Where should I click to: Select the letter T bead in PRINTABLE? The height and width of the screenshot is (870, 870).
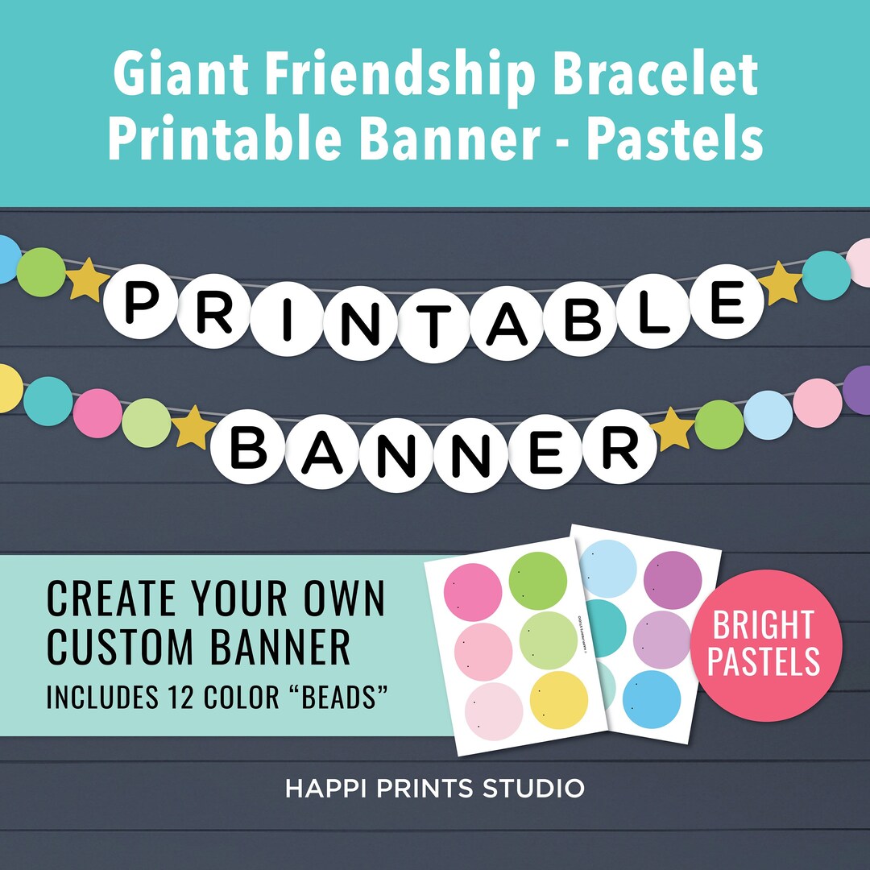tap(435, 328)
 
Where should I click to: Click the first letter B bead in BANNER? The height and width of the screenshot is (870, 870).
tap(248, 449)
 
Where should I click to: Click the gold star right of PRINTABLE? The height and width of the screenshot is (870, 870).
tap(781, 282)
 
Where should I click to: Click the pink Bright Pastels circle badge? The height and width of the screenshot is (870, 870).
tap(766, 646)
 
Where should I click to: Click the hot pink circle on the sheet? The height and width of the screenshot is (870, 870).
tap(474, 592)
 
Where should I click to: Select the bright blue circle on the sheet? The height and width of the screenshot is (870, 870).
tap(652, 699)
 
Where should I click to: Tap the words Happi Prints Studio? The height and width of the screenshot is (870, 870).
tap(435, 788)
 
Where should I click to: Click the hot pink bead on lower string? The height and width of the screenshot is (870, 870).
tap(97, 413)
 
